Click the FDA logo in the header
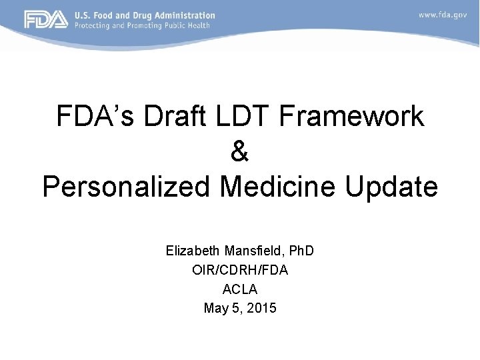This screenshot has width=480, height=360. pyautogui.click(x=46, y=19)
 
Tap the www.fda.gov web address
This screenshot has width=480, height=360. pyautogui.click(x=443, y=15)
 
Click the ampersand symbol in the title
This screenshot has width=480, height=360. pyautogui.click(x=240, y=152)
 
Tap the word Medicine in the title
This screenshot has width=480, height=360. pyautogui.click(x=279, y=187)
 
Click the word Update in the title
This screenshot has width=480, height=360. pyautogui.click(x=392, y=187)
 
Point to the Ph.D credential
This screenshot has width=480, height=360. pyautogui.click(x=299, y=251)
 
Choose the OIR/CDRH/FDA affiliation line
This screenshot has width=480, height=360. pyautogui.click(x=240, y=270)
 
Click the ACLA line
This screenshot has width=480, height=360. pyautogui.click(x=240, y=289)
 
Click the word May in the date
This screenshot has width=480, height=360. pyautogui.click(x=215, y=309)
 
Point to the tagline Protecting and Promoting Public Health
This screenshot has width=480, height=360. pyautogui.click(x=141, y=25)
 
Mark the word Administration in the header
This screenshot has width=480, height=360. pyautogui.click(x=186, y=15)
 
